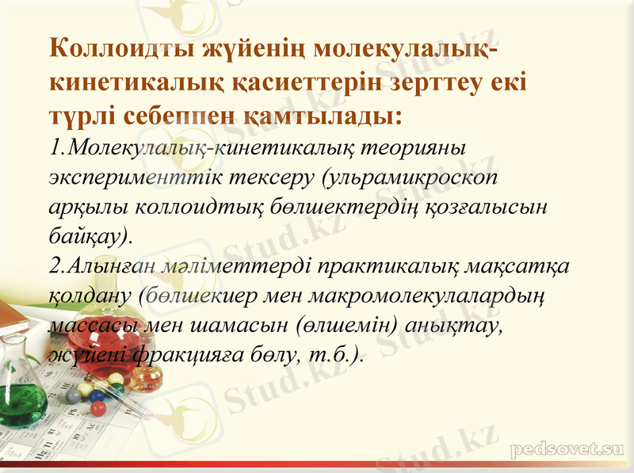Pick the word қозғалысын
pos(489,205)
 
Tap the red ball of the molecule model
pos(97,408)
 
